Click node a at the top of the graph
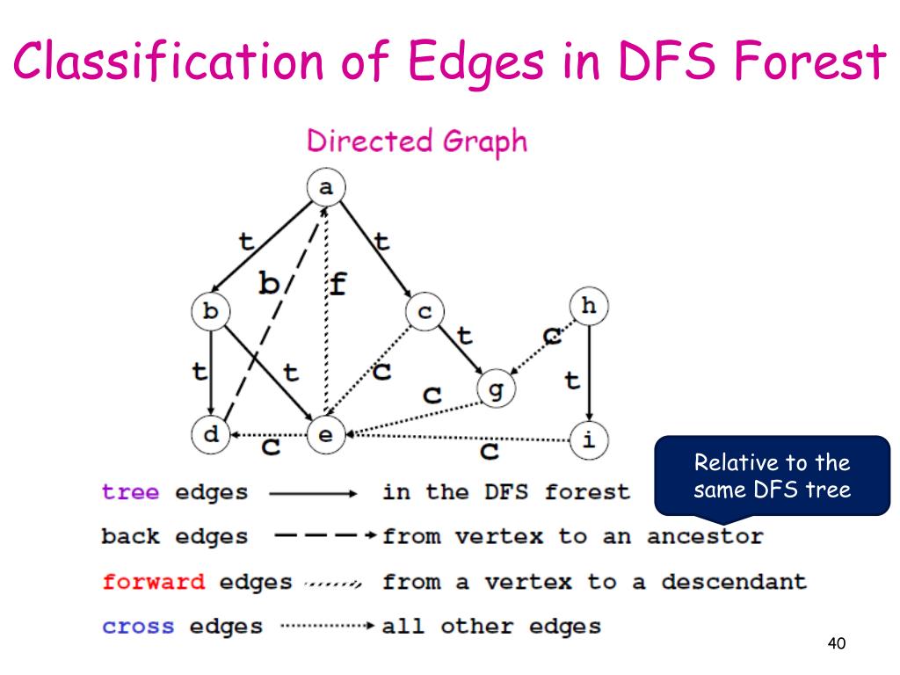click(326, 187)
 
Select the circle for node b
click(210, 311)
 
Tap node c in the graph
click(425, 311)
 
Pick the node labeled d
click(210, 435)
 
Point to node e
click(326, 435)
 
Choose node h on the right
click(589, 306)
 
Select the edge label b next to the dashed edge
click(269, 283)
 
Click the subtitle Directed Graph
click(417, 142)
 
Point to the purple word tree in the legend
click(131, 492)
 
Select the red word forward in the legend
click(154, 581)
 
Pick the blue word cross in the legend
click(139, 626)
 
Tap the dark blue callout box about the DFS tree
click(772, 475)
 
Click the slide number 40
click(836, 644)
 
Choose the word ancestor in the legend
click(705, 536)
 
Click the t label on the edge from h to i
click(572, 381)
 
